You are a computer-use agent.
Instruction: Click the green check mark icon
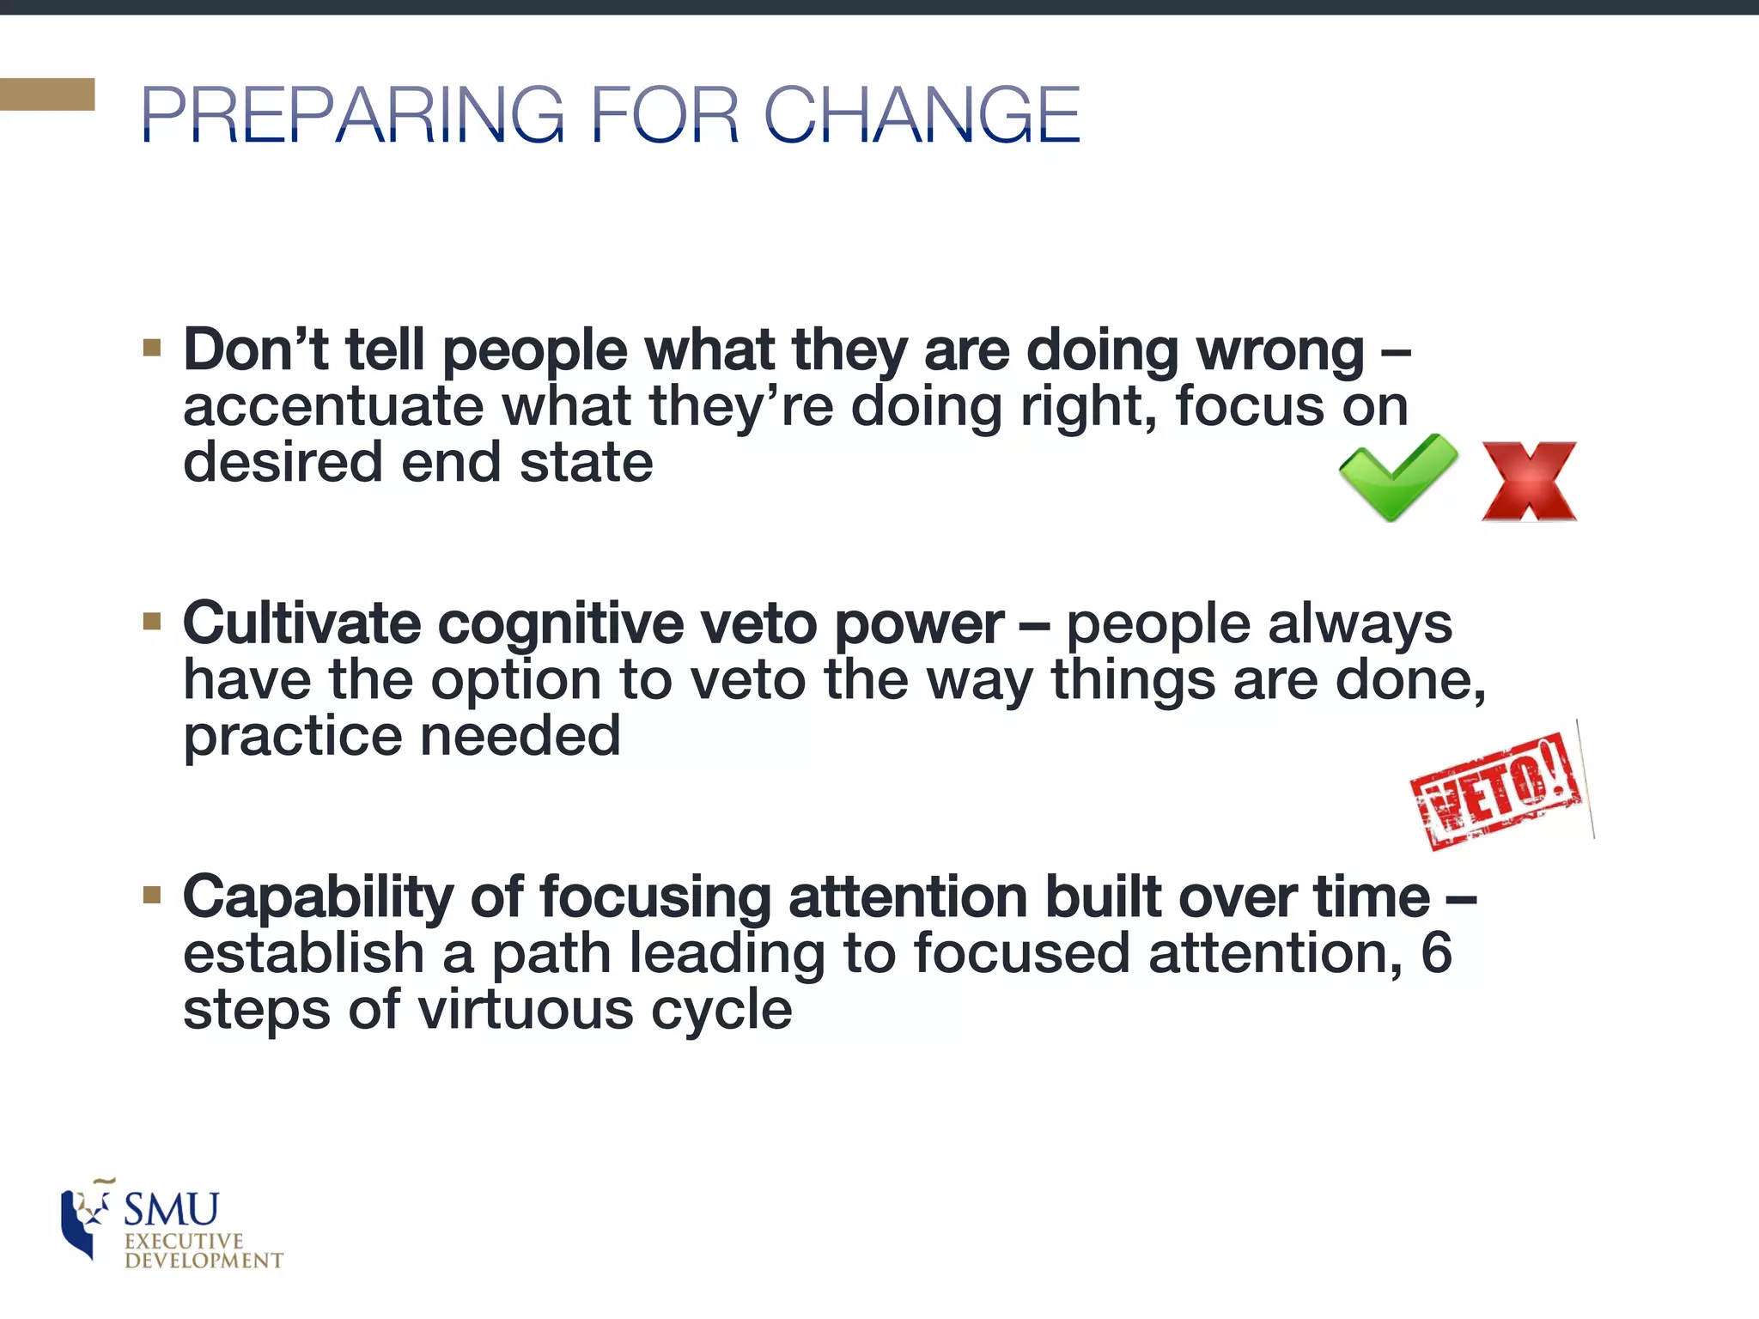1397,477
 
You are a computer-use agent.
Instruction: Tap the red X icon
1529,482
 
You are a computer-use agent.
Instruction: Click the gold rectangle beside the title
47,94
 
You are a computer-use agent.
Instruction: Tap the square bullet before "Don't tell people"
152,347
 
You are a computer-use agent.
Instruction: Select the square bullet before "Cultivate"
152,621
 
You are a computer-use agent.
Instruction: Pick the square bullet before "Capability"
152,896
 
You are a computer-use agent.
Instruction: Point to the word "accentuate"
333,406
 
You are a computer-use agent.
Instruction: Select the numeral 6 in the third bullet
1436,952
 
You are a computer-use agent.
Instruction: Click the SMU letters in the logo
172,1210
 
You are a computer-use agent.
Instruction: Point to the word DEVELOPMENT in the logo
204,1261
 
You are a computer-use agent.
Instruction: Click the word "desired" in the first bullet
282,462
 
